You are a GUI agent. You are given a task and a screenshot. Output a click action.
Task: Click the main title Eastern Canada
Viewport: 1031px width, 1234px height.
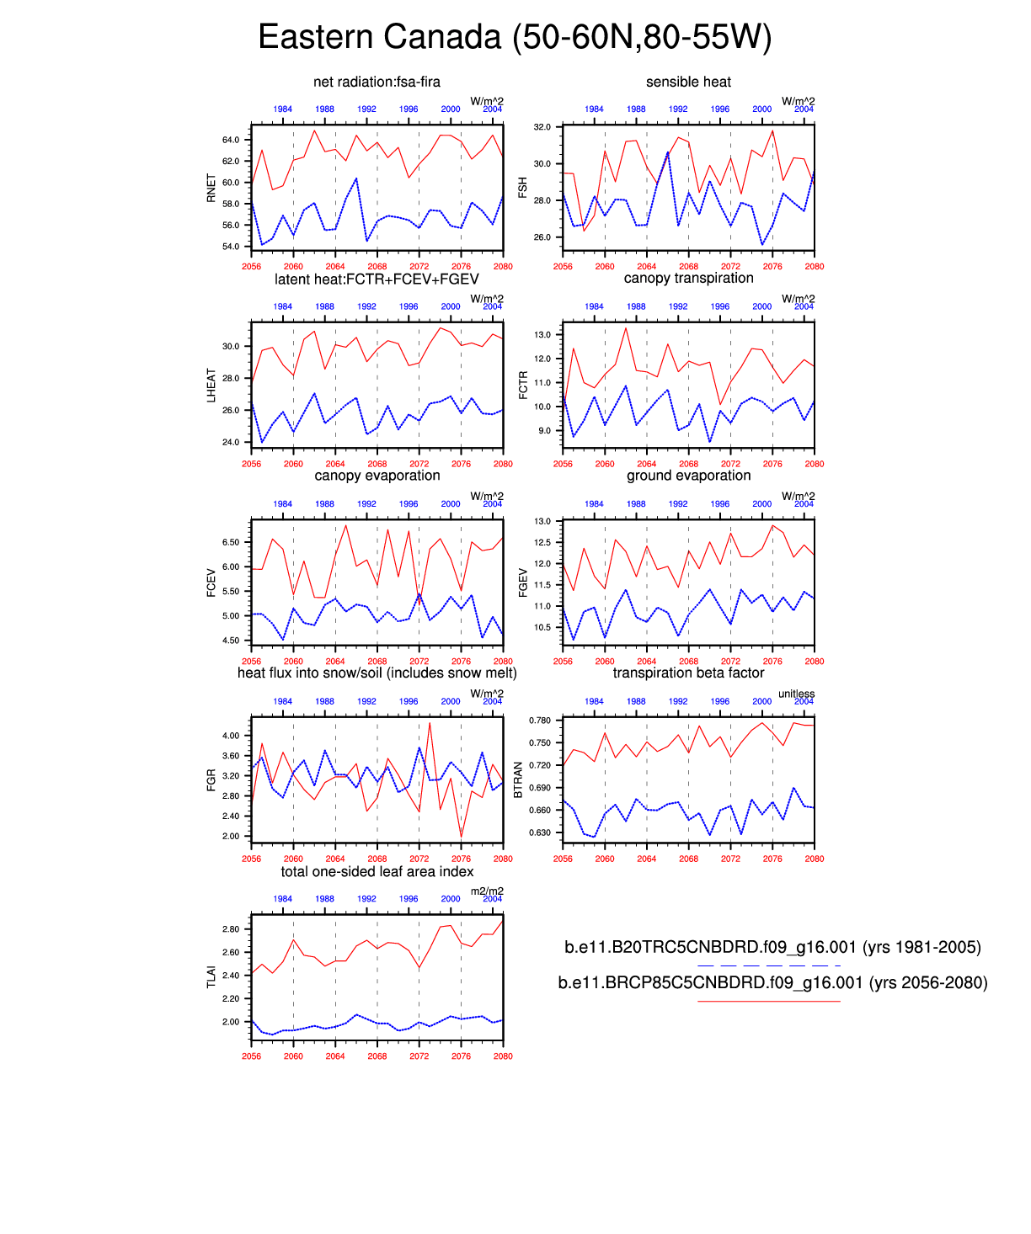(515, 38)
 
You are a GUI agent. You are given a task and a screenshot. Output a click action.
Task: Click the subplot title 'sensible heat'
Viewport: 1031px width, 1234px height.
(688, 82)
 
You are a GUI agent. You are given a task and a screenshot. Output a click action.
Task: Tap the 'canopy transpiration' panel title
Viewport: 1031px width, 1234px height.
(688, 278)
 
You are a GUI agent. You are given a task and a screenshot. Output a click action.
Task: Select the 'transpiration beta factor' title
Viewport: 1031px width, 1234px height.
(688, 673)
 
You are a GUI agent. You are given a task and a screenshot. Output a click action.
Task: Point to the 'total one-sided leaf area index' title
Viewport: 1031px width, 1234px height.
(377, 871)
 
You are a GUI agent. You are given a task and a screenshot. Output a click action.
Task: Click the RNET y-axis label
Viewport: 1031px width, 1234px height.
(211, 189)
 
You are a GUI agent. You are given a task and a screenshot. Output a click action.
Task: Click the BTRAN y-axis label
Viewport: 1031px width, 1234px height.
(518, 779)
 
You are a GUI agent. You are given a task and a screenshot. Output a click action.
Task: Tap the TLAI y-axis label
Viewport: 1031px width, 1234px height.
(211, 976)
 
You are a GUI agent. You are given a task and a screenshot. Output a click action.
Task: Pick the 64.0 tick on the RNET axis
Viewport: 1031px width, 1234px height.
(231, 140)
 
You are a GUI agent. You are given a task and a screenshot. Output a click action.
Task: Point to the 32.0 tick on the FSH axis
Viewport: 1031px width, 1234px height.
(542, 127)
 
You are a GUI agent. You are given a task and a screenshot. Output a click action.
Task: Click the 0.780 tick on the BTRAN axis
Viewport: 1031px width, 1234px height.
(540, 721)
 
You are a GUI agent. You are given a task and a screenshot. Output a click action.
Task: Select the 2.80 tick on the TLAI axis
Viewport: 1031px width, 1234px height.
(231, 929)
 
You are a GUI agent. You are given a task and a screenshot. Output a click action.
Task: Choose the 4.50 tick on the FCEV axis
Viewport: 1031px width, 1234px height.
(231, 641)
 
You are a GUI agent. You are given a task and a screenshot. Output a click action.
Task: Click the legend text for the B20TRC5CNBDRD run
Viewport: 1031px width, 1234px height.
(772, 947)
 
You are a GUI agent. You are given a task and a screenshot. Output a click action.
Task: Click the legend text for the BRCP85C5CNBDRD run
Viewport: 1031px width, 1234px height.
(772, 982)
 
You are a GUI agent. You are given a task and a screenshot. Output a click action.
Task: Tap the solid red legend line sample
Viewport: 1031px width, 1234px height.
(769, 1001)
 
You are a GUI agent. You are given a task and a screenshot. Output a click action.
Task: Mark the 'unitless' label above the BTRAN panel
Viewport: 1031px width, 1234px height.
(796, 694)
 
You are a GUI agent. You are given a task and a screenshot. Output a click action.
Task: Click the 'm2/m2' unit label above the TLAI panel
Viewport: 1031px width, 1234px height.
(487, 891)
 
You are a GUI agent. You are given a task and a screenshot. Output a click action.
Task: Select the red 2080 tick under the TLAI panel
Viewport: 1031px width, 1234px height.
(503, 1056)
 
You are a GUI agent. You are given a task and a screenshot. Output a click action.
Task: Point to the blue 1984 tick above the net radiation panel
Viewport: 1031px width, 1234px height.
(282, 109)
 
